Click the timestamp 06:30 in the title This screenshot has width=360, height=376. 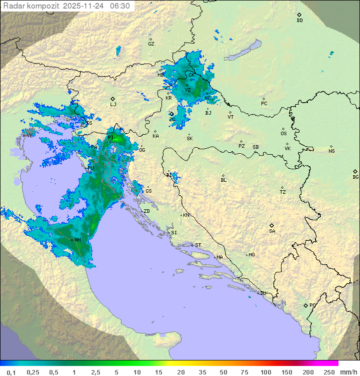(120, 6)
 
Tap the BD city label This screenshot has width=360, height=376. (299, 21)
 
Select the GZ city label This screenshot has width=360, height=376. (151, 44)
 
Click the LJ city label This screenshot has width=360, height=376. (113, 105)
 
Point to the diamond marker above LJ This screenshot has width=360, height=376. (113, 99)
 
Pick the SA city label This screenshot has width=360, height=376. (272, 231)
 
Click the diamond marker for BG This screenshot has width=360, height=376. (355, 171)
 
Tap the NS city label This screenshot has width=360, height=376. (331, 151)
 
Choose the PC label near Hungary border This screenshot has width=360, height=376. (264, 104)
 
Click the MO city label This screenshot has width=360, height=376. (251, 255)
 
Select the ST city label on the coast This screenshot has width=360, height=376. (198, 245)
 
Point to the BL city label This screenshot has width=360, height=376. (223, 180)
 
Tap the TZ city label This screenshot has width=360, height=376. (282, 192)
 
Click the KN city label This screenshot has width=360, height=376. (186, 215)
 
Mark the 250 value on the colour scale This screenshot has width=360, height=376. (329, 372)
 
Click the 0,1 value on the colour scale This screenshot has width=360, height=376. (11, 372)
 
